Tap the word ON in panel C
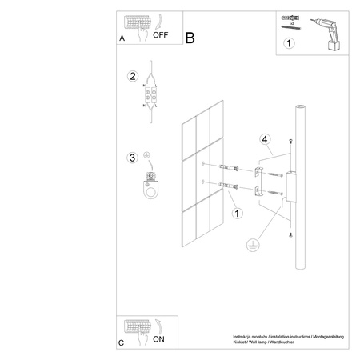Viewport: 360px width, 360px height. (x=158, y=339)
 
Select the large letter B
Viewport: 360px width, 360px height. (x=190, y=37)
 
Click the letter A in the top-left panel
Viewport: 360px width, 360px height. (x=122, y=38)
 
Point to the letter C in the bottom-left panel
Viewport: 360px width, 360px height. (x=121, y=342)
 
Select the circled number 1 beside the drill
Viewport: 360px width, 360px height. (x=289, y=44)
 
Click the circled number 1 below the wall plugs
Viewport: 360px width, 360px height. (x=237, y=214)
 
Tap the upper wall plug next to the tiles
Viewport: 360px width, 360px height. (x=230, y=167)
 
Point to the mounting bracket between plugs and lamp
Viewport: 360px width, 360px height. (x=259, y=181)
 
